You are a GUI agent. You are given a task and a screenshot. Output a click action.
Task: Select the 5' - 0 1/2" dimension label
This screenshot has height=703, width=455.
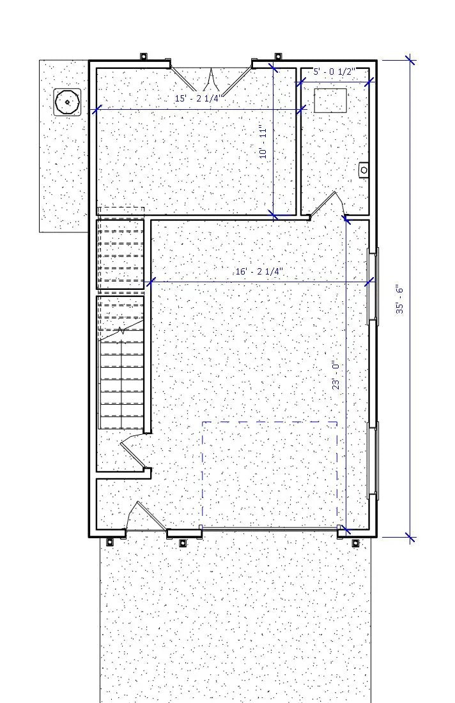tap(333, 72)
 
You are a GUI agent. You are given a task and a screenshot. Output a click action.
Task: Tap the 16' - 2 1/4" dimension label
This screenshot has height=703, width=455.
tap(259, 271)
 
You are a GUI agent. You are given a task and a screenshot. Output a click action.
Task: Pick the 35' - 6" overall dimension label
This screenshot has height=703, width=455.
tap(399, 299)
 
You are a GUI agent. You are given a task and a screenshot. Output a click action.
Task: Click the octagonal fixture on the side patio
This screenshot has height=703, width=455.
tap(66, 102)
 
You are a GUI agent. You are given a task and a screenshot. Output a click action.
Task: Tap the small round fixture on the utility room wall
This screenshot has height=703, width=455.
tap(364, 170)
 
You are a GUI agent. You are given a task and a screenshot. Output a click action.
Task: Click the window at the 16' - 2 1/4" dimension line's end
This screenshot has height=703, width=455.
tap(373, 284)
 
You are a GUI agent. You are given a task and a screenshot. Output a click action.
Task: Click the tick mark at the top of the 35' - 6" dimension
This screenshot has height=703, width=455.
tap(410, 61)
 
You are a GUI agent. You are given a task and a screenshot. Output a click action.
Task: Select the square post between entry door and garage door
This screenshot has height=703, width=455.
tap(182, 543)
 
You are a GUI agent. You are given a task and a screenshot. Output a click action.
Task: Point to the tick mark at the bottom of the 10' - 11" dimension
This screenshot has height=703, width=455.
tap(274, 215)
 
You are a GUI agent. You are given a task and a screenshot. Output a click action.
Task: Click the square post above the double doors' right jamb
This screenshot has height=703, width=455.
tap(277, 56)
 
